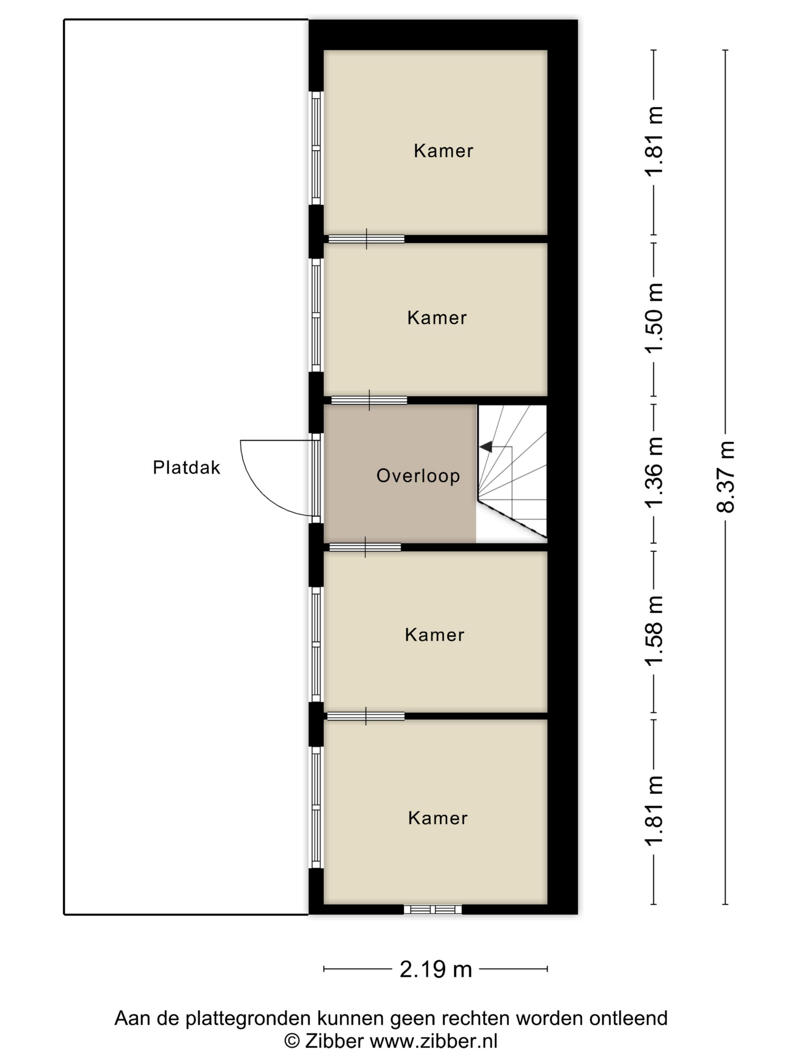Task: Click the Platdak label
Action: click(x=186, y=467)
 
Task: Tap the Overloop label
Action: click(x=418, y=476)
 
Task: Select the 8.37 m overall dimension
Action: click(x=725, y=477)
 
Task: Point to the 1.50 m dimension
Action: click(x=654, y=318)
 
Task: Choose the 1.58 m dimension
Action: click(x=654, y=631)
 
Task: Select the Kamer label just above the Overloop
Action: click(x=437, y=318)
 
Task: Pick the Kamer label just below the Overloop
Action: click(x=434, y=635)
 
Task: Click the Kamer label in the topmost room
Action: click(x=443, y=151)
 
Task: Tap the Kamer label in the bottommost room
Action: click(x=438, y=818)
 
